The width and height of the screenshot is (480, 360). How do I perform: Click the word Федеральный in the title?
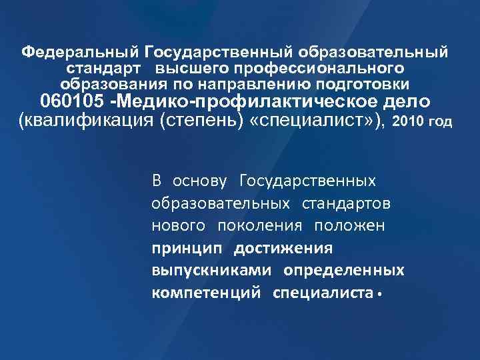(80, 52)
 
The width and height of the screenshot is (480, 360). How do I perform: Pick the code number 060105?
(71, 103)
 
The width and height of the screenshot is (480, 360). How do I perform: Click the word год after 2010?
(443, 123)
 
